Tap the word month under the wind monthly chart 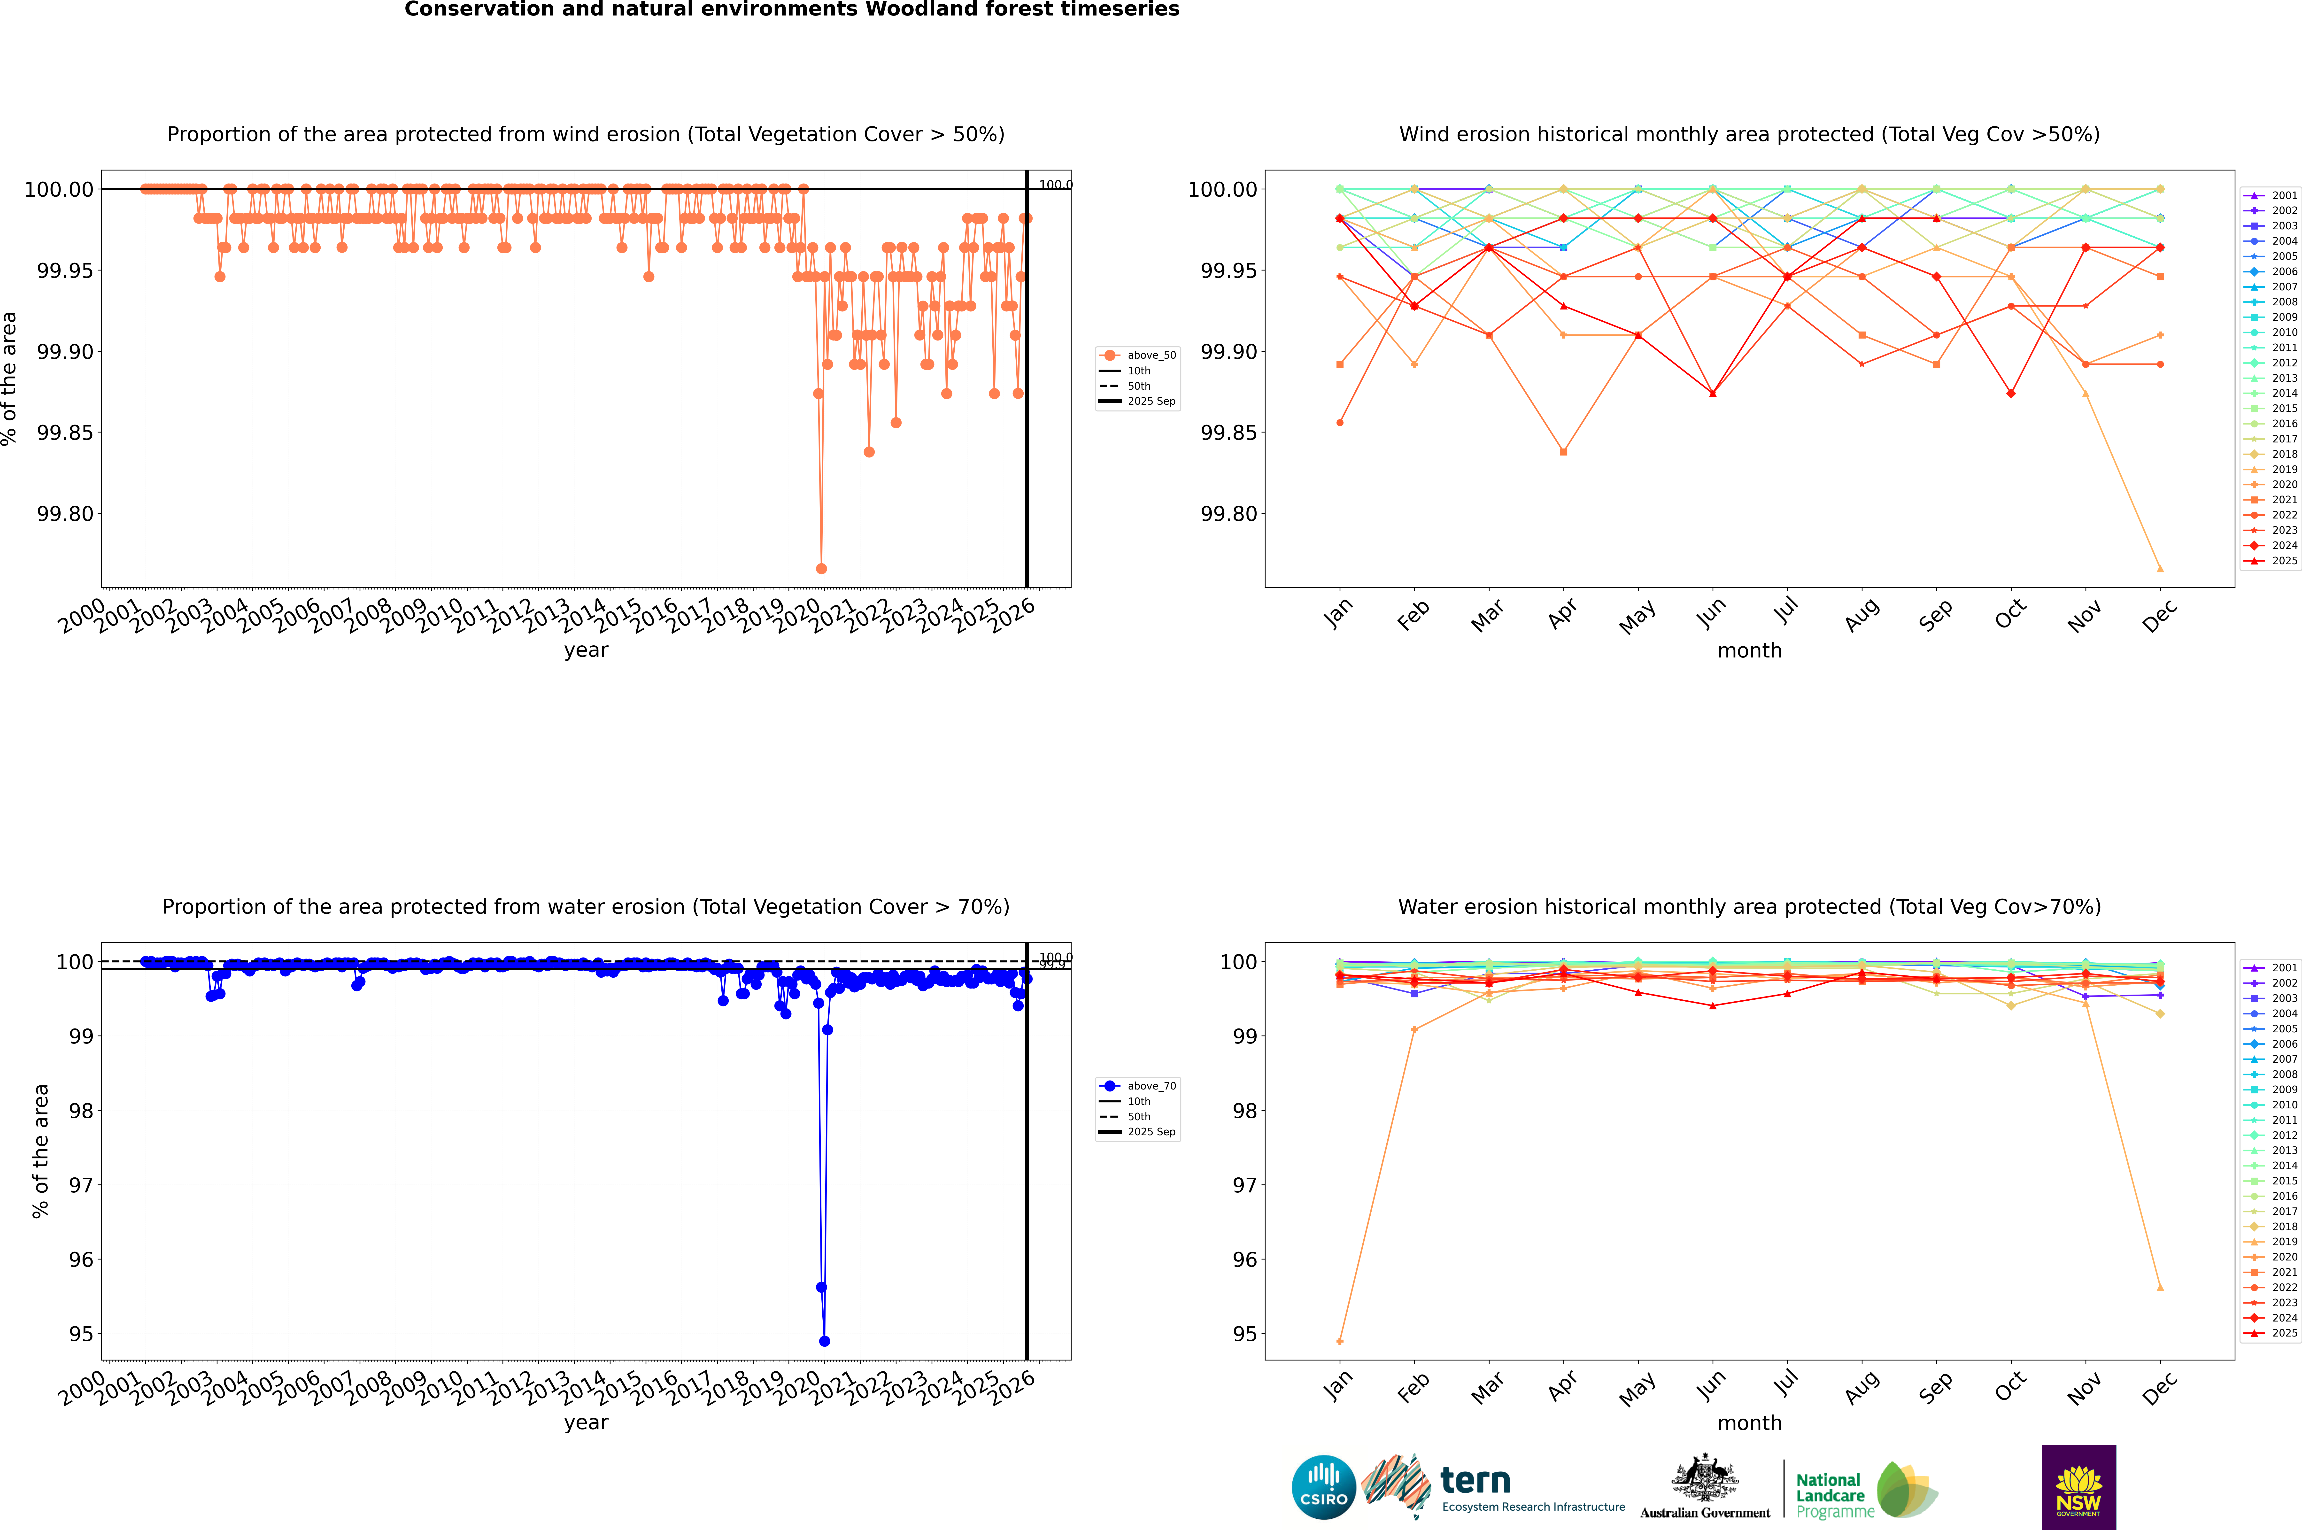1749,651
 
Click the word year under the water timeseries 586,1423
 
